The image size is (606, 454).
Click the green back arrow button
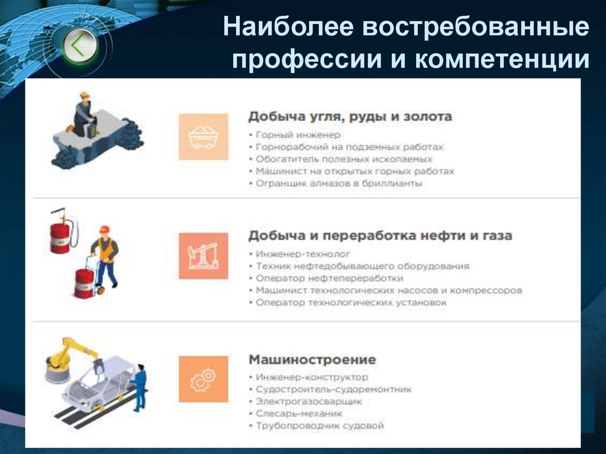[79, 46]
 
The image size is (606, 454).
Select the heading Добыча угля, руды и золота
[350, 117]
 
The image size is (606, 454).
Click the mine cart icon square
[203, 137]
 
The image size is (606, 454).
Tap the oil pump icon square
[203, 256]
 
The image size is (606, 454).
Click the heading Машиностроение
[312, 359]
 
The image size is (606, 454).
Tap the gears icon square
[203, 379]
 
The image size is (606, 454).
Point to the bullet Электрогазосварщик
[308, 401]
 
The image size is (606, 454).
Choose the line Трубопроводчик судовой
[320, 426]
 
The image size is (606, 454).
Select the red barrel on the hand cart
[84, 282]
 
